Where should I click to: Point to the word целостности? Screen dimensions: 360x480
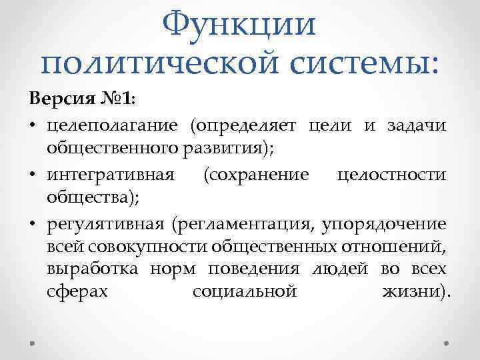[391, 174]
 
